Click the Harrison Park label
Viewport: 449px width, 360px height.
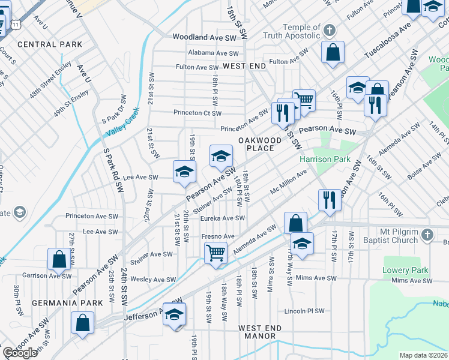point(324,160)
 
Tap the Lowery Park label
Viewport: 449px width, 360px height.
point(405,270)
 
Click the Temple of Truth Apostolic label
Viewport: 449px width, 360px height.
point(293,31)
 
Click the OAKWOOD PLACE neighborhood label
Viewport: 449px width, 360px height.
point(260,143)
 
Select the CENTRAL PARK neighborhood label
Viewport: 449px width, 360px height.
point(50,44)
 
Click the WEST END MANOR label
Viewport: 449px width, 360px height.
point(260,332)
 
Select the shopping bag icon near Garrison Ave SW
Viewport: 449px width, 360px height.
point(59,259)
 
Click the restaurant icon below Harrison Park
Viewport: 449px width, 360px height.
point(329,200)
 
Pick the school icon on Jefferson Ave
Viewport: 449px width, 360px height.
point(174,314)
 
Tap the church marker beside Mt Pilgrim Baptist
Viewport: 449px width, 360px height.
point(427,235)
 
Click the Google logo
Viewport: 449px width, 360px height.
point(20,353)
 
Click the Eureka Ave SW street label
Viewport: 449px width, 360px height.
point(223,218)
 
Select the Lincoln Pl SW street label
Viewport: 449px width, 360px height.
point(304,311)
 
